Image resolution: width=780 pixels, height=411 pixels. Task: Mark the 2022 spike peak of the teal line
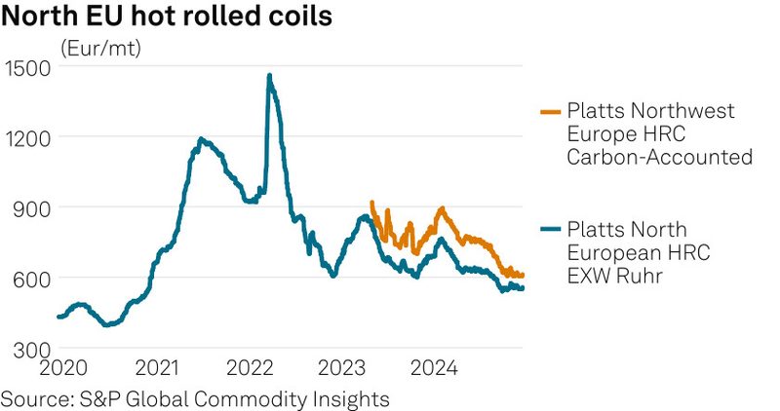pyautogui.click(x=269, y=75)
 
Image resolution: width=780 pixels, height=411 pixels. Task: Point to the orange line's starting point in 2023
pyautogui.click(x=371, y=204)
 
